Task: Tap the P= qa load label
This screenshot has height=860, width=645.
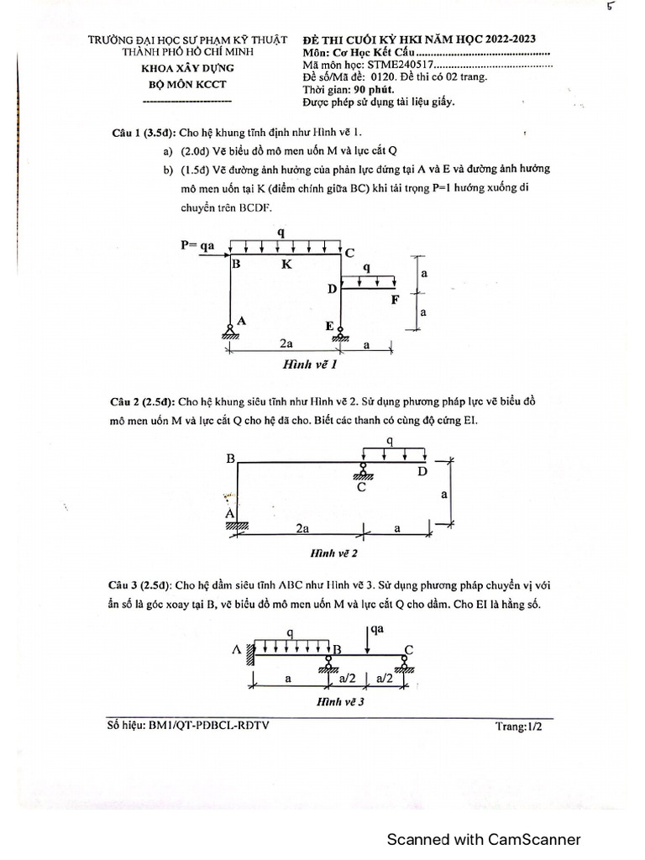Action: click(x=198, y=245)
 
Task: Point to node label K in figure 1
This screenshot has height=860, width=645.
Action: click(x=286, y=264)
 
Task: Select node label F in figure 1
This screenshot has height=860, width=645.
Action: click(x=395, y=299)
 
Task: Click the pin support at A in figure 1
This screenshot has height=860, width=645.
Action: click(x=231, y=329)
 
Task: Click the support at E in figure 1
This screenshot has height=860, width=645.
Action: click(x=341, y=333)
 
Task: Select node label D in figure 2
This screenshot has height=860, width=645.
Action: click(x=422, y=472)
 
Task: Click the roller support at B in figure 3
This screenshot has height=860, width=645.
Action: click(x=328, y=663)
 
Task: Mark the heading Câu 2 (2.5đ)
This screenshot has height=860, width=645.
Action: click(x=142, y=401)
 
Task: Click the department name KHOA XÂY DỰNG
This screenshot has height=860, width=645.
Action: click(x=187, y=67)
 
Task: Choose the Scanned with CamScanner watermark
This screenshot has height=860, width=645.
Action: click(x=483, y=839)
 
